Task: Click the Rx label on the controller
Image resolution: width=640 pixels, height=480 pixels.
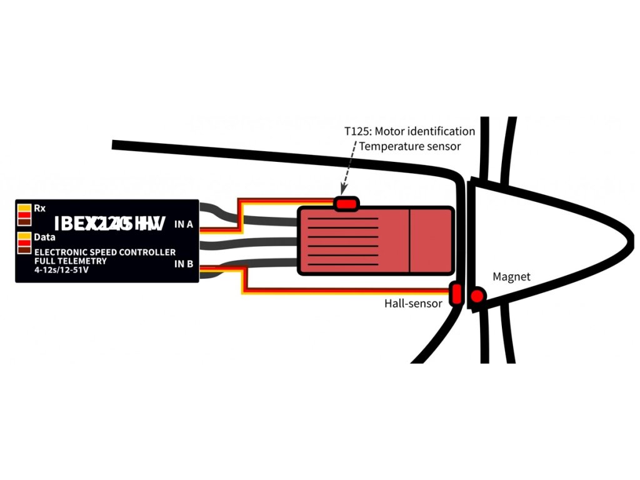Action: point(39,208)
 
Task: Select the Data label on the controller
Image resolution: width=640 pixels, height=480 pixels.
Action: point(44,237)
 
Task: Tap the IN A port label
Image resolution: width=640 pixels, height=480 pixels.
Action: point(183,224)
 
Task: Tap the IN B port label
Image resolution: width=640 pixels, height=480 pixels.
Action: point(183,264)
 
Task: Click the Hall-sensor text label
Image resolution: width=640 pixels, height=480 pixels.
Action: point(413,304)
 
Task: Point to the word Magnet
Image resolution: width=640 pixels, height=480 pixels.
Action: point(511,276)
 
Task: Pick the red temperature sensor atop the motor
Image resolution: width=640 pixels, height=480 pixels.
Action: point(346,203)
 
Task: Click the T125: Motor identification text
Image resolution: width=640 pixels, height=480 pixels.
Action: point(409,131)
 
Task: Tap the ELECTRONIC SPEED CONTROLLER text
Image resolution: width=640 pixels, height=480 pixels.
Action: point(104,252)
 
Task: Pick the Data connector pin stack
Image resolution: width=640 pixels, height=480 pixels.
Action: point(24,242)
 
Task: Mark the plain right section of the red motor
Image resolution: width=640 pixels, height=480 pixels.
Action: point(431,241)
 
